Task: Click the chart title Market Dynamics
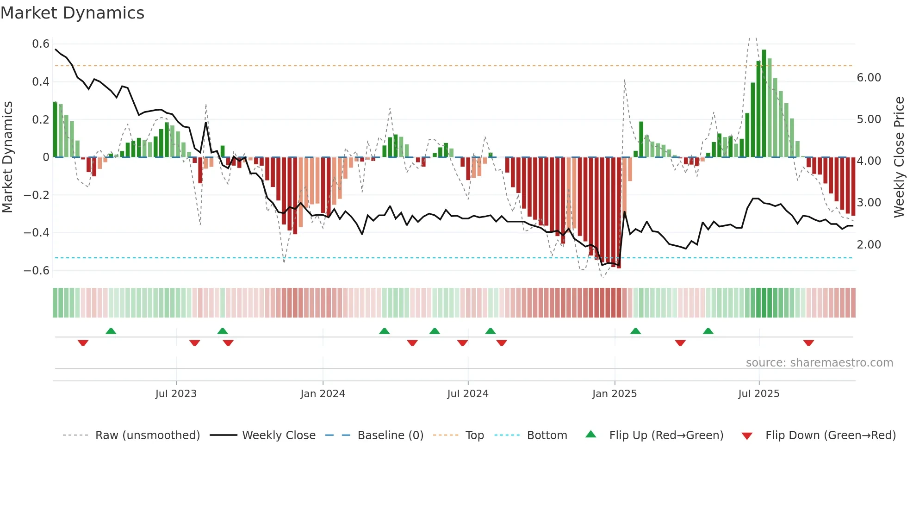pyautogui.click(x=73, y=13)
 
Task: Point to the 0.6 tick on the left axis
pyautogui.click(x=40, y=44)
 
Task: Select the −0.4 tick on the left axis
pyautogui.click(x=37, y=232)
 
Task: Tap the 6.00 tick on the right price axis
pyautogui.click(x=869, y=78)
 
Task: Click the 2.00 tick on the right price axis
pyautogui.click(x=869, y=245)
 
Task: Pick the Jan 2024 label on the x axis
pyautogui.click(x=323, y=394)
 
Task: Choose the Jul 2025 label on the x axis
pyautogui.click(x=758, y=394)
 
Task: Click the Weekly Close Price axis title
pyautogui.click(x=899, y=157)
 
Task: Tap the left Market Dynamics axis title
pyautogui.click(x=7, y=157)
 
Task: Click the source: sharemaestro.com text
pyautogui.click(x=819, y=363)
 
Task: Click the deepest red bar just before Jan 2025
pyautogui.click(x=619, y=213)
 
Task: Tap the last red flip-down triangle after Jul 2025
pyautogui.click(x=808, y=343)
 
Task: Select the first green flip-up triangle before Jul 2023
pyautogui.click(x=111, y=331)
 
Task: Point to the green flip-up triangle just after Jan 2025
pyautogui.click(x=635, y=331)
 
